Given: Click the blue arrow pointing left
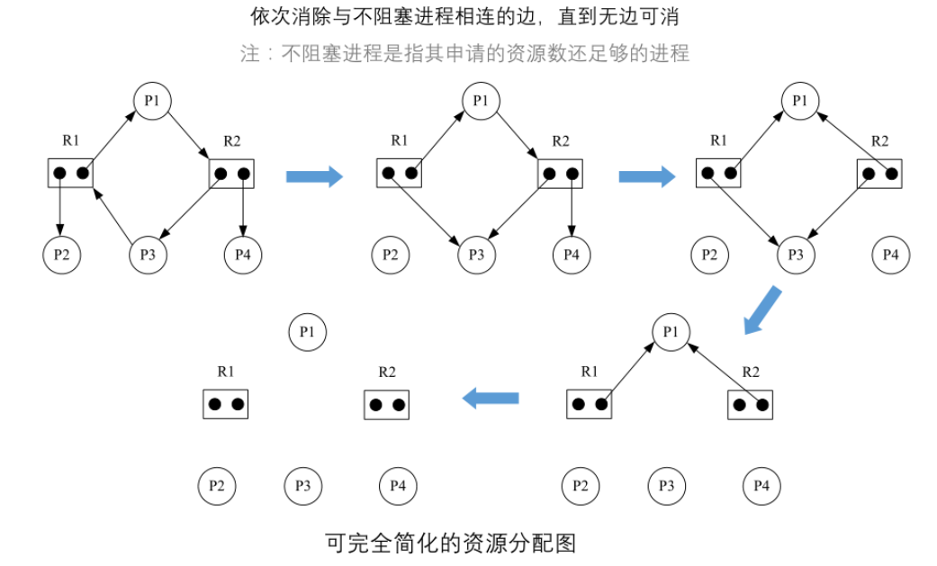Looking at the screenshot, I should [491, 398].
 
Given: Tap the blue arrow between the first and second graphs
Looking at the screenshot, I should [314, 175].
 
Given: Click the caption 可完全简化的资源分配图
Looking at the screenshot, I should [449, 543].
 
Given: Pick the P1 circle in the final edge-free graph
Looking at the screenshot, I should [307, 333].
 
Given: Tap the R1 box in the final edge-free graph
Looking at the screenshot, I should [225, 404].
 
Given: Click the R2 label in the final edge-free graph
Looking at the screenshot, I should [387, 371].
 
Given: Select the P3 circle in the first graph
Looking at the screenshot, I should [149, 256].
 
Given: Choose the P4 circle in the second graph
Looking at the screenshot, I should [572, 256].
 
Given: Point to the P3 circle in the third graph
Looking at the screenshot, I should [796, 256].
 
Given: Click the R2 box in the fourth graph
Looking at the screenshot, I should [751, 404].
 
